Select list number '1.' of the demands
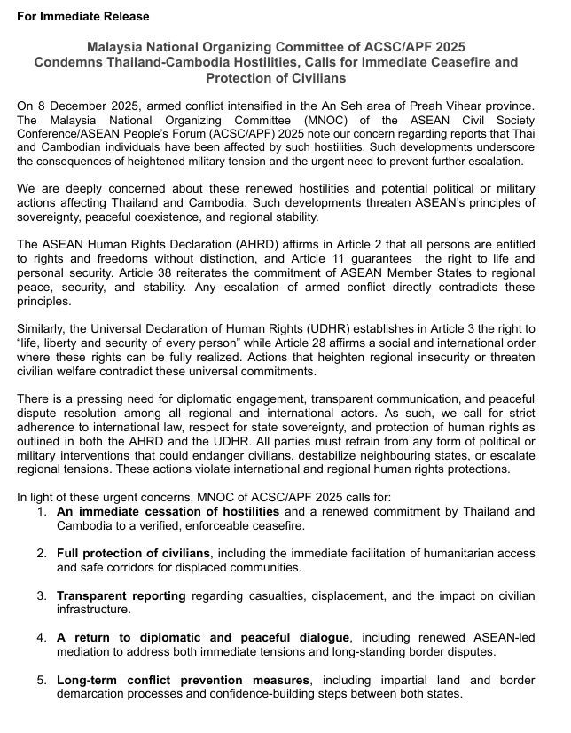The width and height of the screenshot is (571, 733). click(42, 512)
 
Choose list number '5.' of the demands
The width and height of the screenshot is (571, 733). click(42, 680)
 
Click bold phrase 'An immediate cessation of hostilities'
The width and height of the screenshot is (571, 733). click(168, 512)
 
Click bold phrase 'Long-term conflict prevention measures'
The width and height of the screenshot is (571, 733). click(184, 680)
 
